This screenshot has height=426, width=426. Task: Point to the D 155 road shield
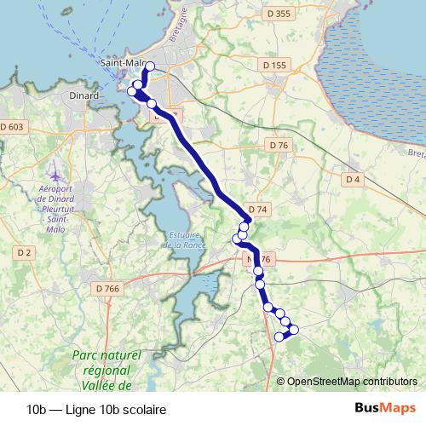275,65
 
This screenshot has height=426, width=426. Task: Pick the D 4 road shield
353,179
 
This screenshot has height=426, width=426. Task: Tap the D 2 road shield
24,252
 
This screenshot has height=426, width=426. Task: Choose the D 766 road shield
108,289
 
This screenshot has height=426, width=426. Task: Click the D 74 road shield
258,209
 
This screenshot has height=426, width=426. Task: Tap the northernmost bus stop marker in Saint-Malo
150,66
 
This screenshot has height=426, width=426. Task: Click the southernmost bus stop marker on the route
279,337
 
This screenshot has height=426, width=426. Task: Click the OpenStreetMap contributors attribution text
353,381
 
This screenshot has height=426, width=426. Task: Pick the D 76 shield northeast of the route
279,146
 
